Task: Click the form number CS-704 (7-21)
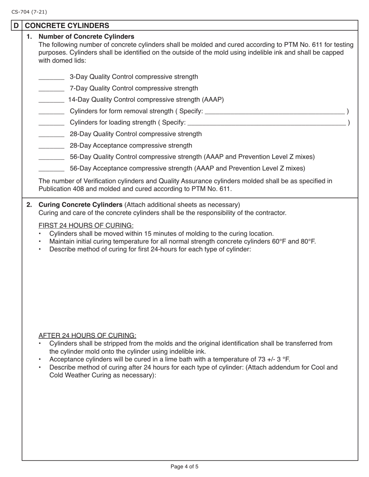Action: [29, 12]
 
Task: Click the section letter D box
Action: [16, 26]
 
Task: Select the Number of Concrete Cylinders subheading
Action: [86, 37]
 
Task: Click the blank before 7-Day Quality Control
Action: [51, 89]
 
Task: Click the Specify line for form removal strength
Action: [274, 112]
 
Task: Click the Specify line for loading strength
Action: [266, 123]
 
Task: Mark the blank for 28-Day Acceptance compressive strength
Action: [51, 146]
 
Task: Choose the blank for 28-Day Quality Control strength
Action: [51, 135]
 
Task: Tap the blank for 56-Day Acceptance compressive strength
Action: [51, 169]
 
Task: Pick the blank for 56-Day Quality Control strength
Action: [51, 157]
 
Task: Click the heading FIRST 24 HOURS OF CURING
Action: [86, 226]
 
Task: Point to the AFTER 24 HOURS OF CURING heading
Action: [87, 335]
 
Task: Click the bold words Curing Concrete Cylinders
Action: [80, 205]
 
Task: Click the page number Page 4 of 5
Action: [184, 467]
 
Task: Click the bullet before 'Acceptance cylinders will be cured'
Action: [40, 359]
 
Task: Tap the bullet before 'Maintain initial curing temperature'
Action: [40, 242]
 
